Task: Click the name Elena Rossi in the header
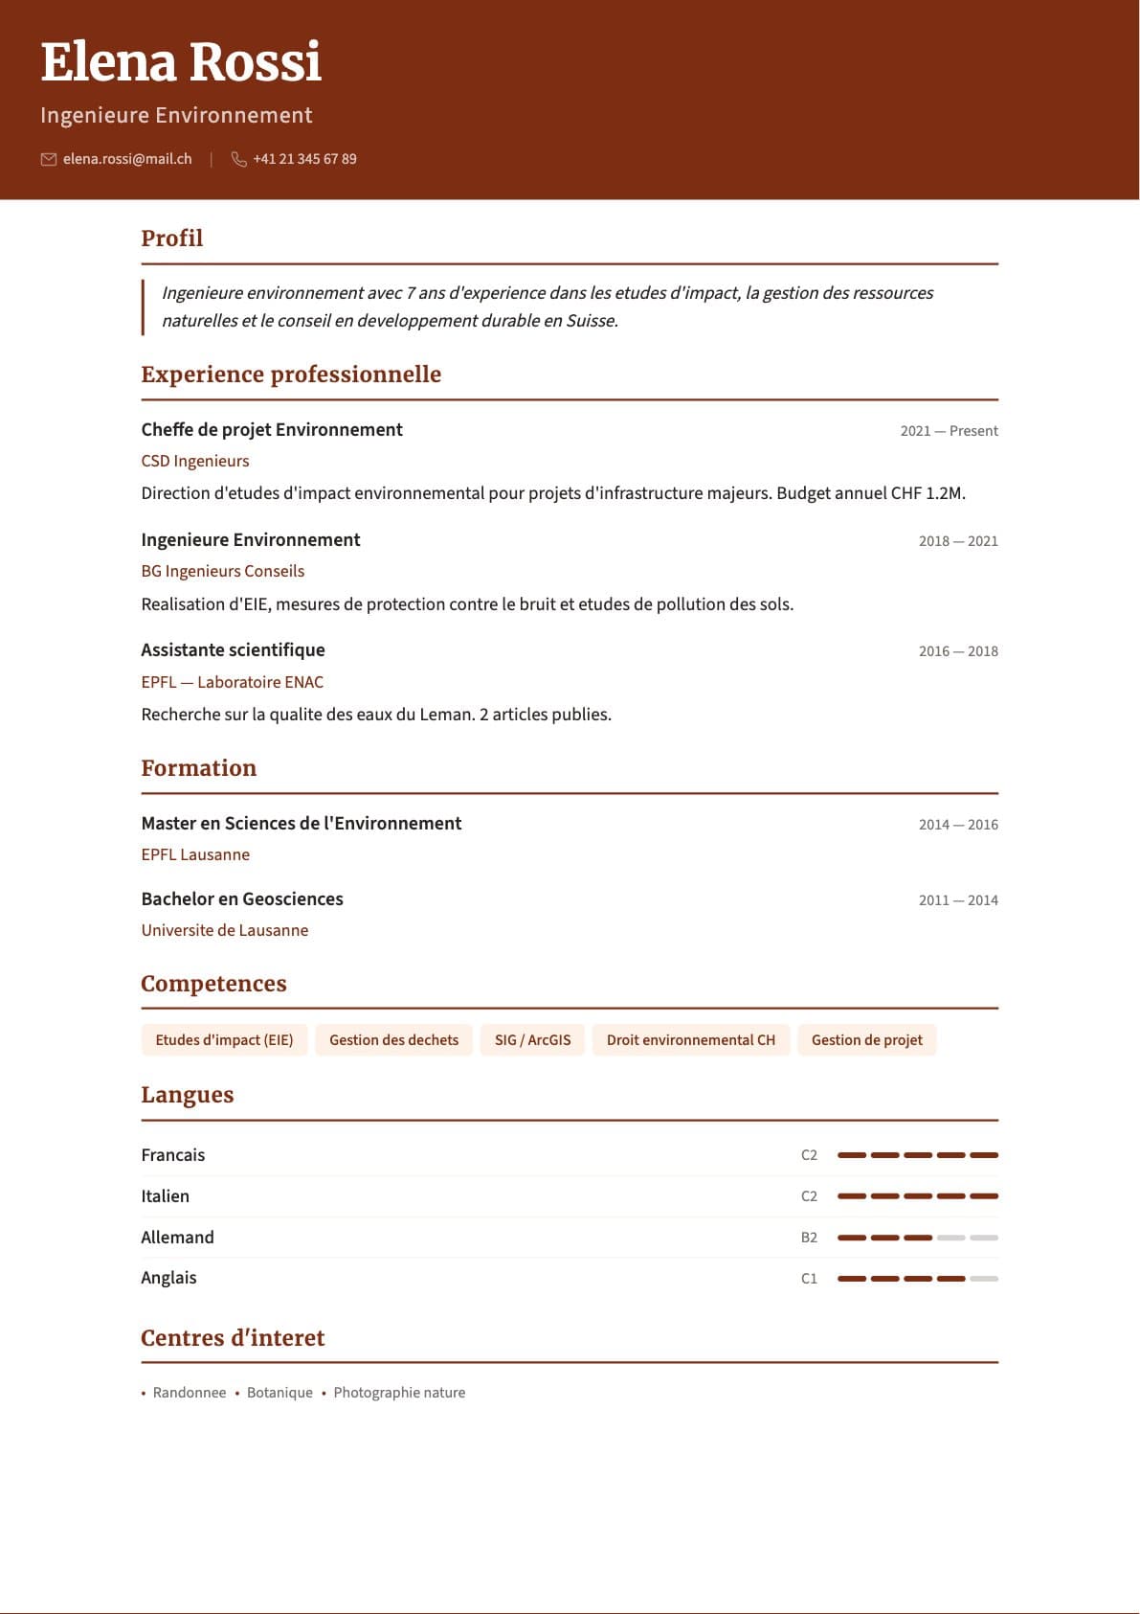pos(181,63)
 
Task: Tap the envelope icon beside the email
pos(49,159)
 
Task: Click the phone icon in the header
pos(238,159)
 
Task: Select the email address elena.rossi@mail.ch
pos(127,159)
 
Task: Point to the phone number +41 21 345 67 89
pos(304,159)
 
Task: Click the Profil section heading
pos(172,239)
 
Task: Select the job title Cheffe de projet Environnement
pos(272,430)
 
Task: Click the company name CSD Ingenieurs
pos(195,461)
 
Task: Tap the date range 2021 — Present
pos(949,431)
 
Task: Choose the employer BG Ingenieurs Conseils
pos(223,571)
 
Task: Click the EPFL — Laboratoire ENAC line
pos(233,682)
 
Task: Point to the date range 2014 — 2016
pos(958,825)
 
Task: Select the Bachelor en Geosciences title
pos(242,899)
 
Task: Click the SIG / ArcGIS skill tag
pos(532,1040)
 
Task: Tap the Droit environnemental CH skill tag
pos(691,1040)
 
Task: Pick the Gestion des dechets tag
pos(393,1040)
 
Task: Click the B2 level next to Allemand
pos(809,1238)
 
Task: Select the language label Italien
pos(166,1196)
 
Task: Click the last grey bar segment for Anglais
pos(984,1279)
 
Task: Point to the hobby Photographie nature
pos(399,1393)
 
